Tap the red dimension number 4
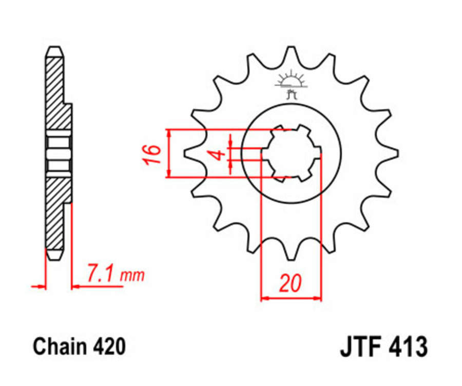[x=219, y=153]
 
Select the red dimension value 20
[x=291, y=283]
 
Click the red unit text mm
[x=132, y=277]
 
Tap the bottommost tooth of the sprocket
[x=291, y=253]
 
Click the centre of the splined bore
[x=291, y=153]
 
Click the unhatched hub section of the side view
[x=57, y=153]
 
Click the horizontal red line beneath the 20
[x=291, y=297]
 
